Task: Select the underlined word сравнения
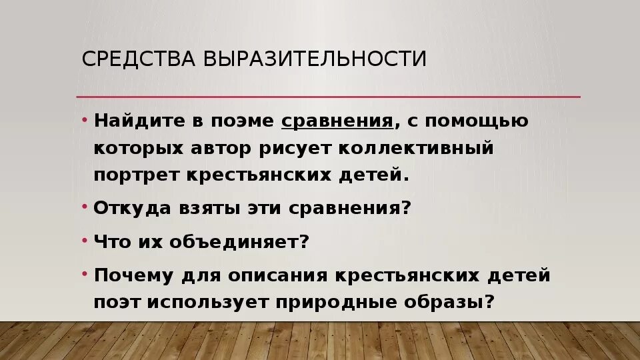tap(337, 122)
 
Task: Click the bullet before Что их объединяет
tap(85, 238)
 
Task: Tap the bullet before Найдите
tap(85, 119)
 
